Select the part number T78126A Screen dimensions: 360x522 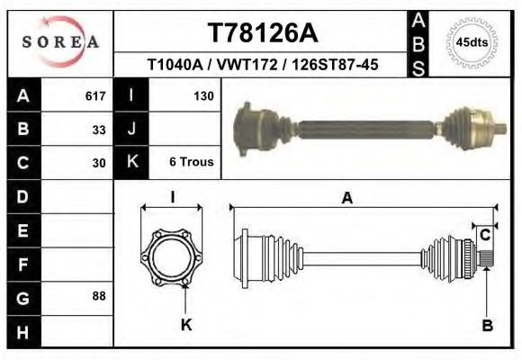pos(262,33)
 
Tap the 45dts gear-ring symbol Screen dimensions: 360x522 pos(472,42)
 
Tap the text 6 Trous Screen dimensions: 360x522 pos(191,163)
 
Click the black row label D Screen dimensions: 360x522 pos(23,196)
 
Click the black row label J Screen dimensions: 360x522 pos(132,130)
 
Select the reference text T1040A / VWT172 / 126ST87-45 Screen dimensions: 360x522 pos(262,65)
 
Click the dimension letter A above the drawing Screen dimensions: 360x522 pos(346,200)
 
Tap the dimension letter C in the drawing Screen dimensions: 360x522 pos(484,236)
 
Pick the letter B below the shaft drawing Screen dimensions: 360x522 pos(487,326)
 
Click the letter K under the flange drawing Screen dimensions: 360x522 pos(186,326)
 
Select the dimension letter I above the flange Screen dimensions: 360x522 pos(172,197)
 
